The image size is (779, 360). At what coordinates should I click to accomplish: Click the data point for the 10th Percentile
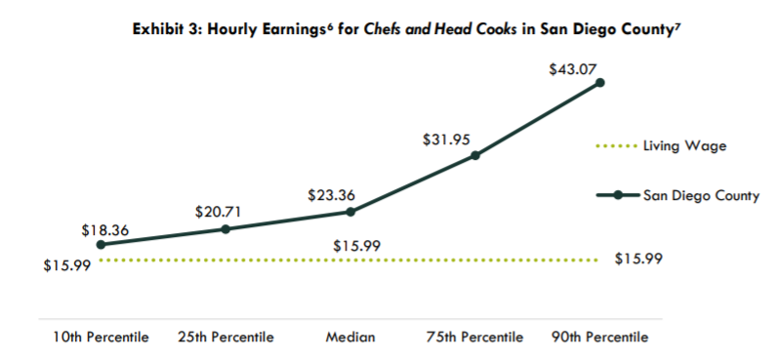[101, 244]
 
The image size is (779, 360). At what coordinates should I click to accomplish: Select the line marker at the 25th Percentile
[225, 229]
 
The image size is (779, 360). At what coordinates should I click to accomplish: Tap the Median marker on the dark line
[350, 211]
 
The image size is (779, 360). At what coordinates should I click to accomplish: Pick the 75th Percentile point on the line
[475, 155]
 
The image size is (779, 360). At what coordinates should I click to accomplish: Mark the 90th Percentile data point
[599, 83]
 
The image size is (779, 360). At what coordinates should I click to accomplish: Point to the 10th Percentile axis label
[101, 338]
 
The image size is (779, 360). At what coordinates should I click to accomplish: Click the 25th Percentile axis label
[225, 338]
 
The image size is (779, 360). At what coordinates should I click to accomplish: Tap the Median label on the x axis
[350, 338]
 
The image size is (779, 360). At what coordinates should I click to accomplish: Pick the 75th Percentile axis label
[475, 338]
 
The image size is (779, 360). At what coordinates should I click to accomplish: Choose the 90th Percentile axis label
[599, 338]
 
